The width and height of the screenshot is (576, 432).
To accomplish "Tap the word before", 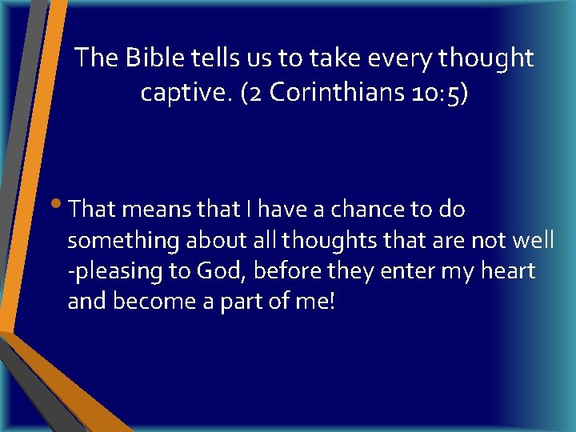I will point(290,271).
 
